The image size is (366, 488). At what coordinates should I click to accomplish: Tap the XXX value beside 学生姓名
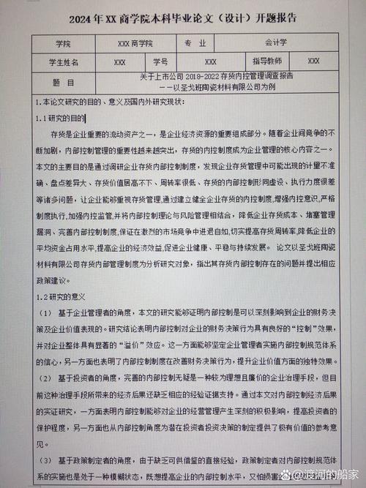pos(120,62)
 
